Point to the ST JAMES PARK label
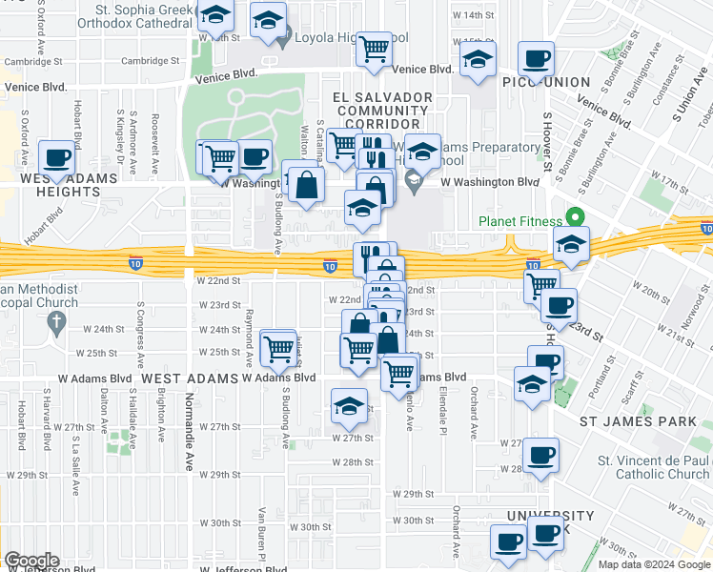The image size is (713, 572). point(635,419)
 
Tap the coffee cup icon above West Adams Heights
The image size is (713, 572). point(56,157)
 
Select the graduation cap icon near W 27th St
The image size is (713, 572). point(350,405)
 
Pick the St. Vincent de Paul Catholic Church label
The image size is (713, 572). point(653,467)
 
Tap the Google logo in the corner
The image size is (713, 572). point(31,561)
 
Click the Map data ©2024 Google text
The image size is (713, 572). point(654,564)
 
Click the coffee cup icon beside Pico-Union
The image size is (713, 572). point(537,58)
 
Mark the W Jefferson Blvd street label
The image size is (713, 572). point(244,568)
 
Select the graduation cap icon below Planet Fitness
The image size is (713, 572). point(571,243)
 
